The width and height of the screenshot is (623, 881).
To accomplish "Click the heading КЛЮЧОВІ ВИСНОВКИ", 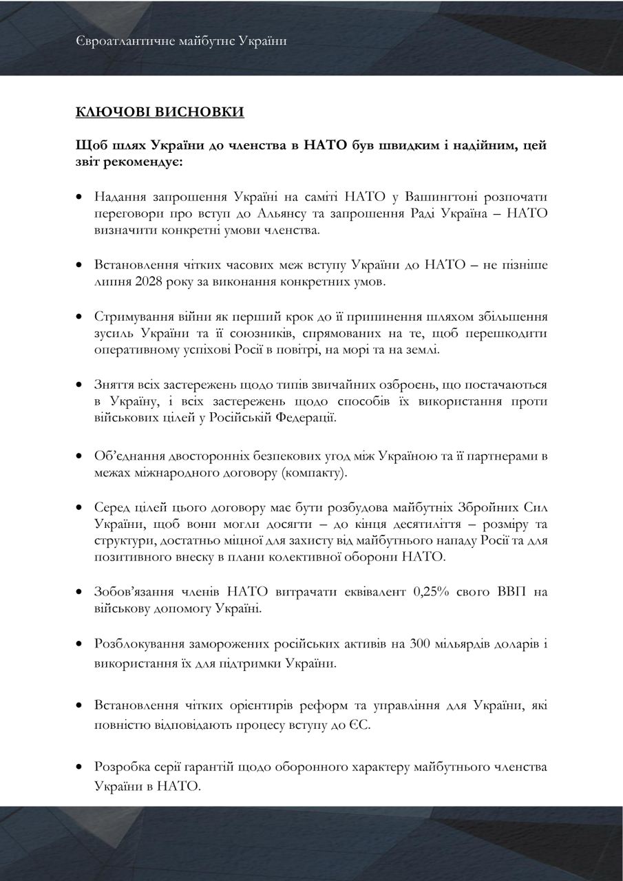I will tap(160, 112).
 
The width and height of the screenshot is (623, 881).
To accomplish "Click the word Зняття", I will tap(114, 384).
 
